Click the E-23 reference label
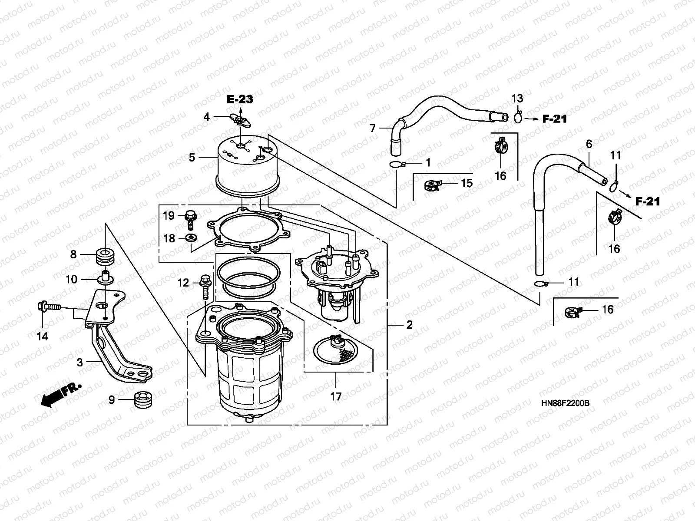tap(240, 99)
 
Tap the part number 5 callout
tap(192, 158)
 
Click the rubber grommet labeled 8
tap(105, 255)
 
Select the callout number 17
tap(336, 396)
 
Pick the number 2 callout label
tap(409, 325)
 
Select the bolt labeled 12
tap(205, 285)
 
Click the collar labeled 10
tap(105, 277)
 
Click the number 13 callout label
tap(517, 99)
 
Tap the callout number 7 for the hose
tap(372, 129)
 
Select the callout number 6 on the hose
tap(589, 144)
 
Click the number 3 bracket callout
tap(80, 362)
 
